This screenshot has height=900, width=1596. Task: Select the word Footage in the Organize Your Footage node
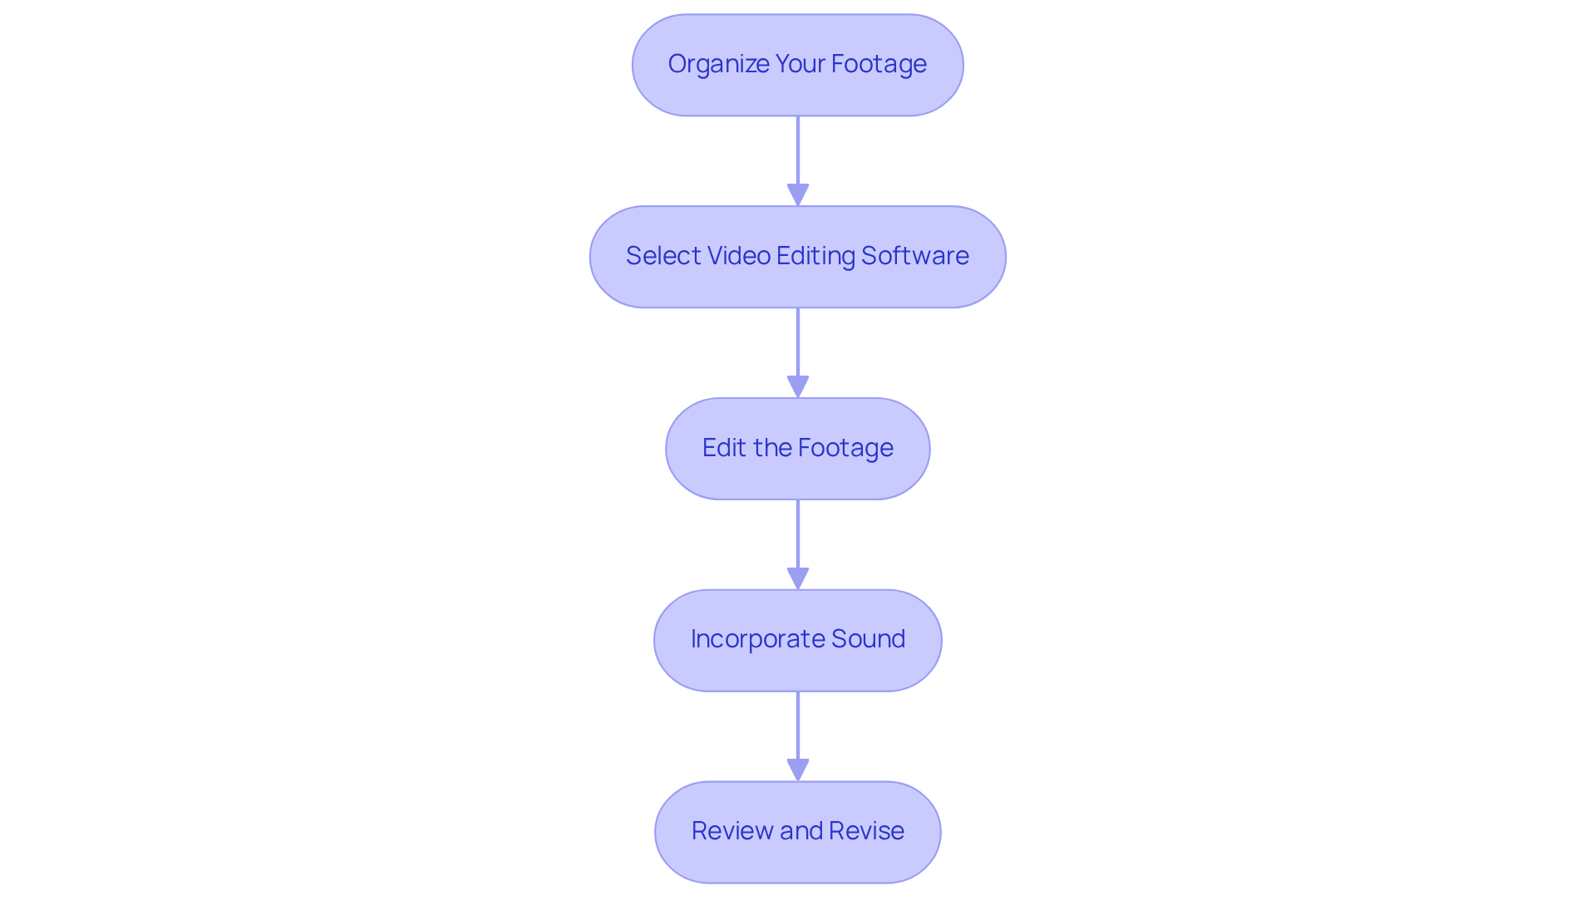pos(879,64)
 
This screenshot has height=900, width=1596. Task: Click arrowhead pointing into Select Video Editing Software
pos(798,194)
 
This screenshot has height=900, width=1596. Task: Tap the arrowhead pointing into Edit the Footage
pos(798,386)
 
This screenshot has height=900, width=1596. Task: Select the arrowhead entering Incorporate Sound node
pos(798,578)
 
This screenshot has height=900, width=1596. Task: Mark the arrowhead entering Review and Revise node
pos(798,770)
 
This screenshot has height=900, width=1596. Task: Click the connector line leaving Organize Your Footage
pos(798,150)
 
